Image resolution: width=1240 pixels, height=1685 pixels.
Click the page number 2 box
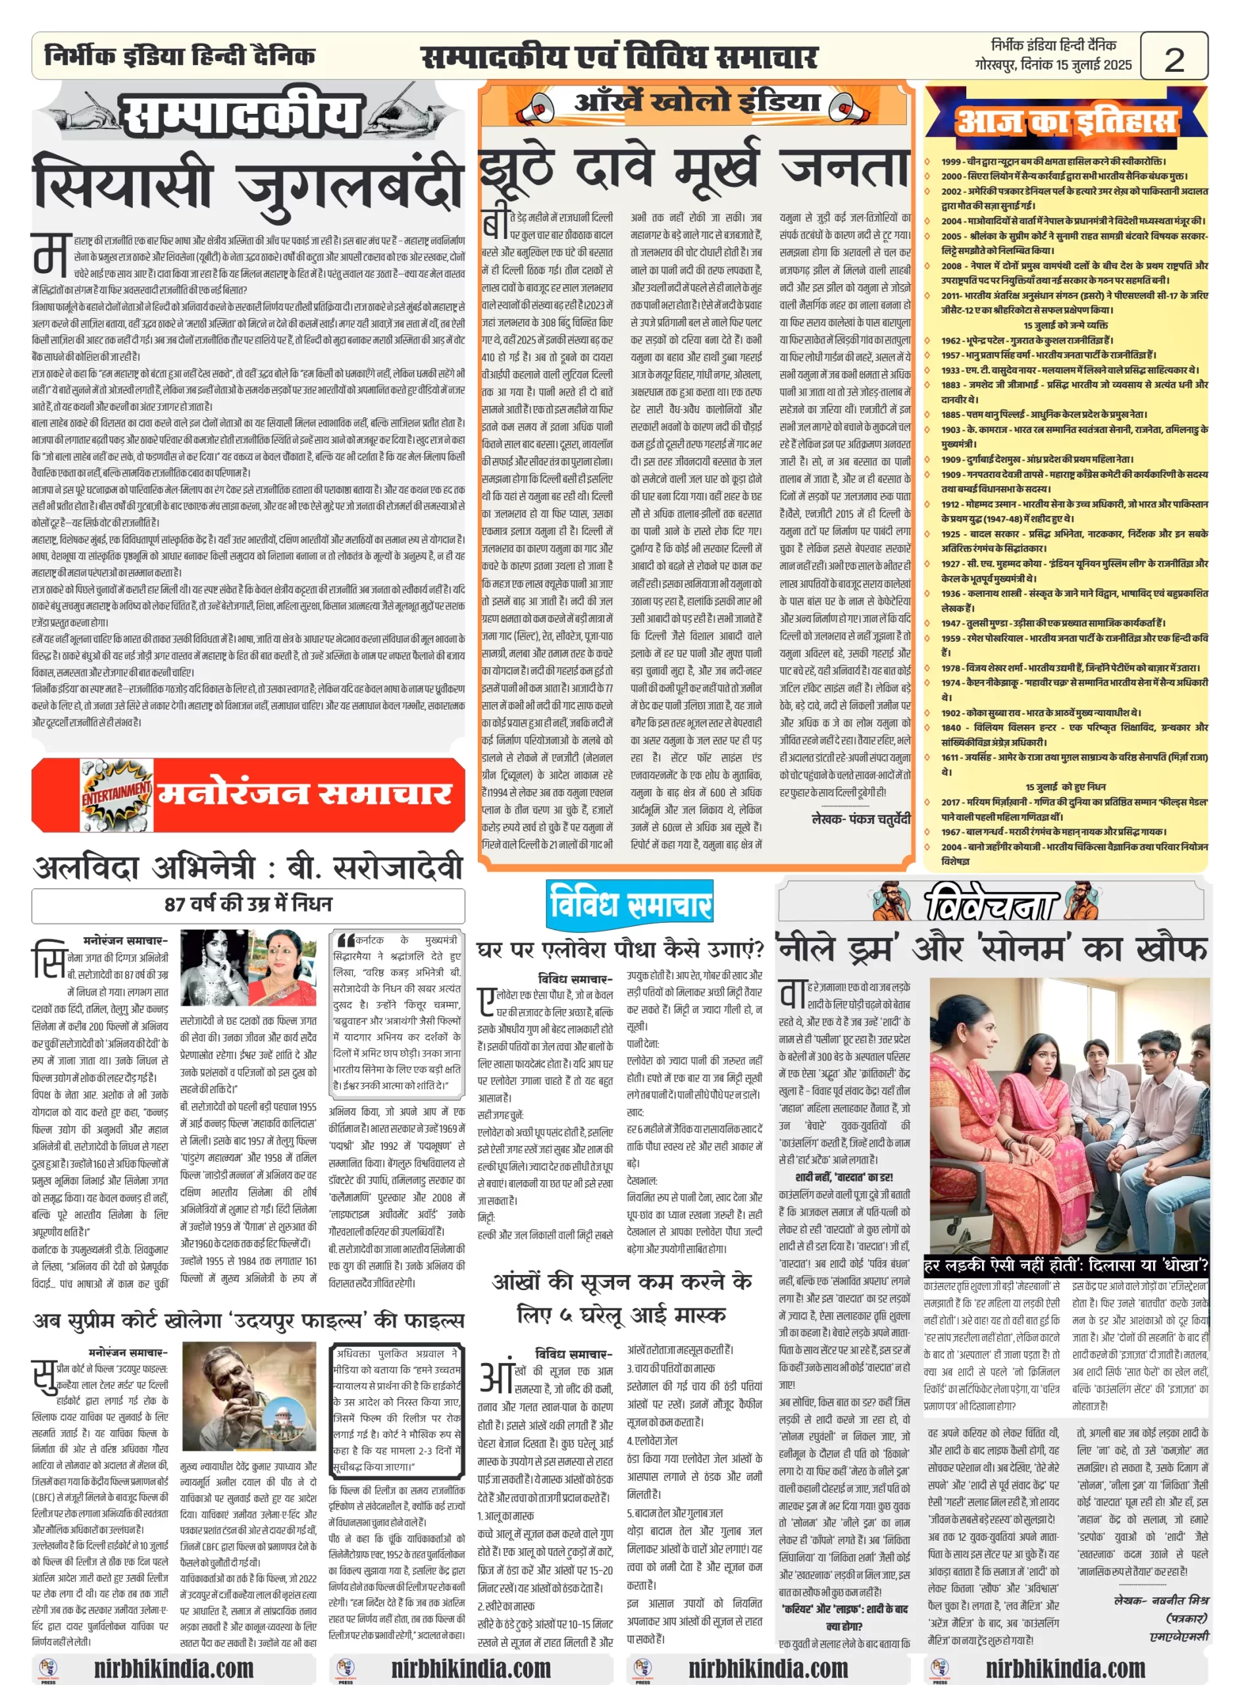1174,57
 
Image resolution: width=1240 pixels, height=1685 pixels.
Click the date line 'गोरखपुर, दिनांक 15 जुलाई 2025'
1052,65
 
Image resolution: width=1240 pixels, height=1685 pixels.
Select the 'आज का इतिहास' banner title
1065,122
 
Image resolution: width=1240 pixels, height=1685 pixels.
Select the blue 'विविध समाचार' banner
629,904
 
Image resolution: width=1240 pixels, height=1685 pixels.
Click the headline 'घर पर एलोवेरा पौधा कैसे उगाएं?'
620,951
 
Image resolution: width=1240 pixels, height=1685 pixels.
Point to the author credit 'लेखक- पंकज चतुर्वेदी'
860,819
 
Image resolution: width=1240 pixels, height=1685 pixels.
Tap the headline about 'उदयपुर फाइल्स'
247,1320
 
